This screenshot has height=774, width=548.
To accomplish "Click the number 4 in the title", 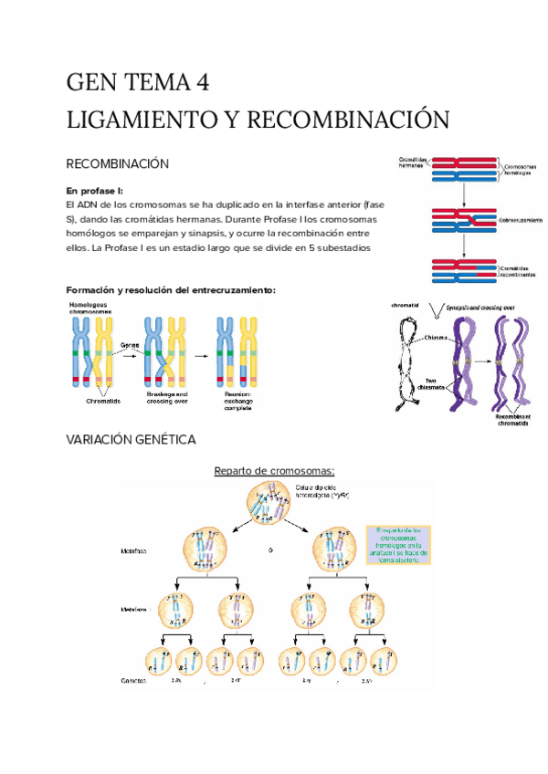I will point(202,83).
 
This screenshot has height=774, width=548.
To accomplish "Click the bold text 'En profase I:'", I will point(95,190).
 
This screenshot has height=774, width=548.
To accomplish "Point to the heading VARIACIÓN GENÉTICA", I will point(132,440).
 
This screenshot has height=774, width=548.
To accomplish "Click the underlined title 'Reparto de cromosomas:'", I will point(274,471).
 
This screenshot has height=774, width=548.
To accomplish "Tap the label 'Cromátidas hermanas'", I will point(412,162).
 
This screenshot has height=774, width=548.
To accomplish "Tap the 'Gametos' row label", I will point(135,681).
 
